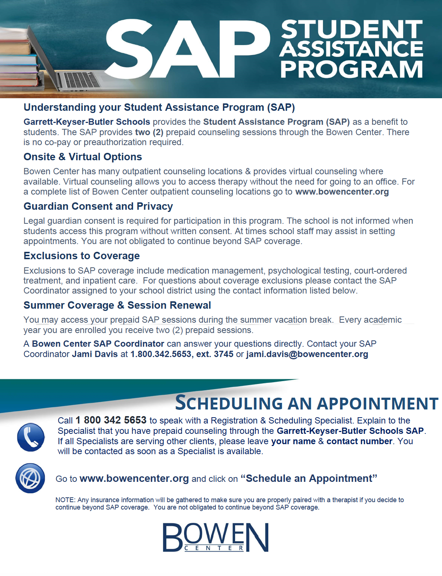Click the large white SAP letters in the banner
[187, 49]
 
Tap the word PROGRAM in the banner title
[351, 69]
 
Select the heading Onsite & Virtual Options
[83, 157]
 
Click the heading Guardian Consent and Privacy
[98, 206]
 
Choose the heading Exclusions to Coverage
[82, 256]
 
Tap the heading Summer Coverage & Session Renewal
[117, 305]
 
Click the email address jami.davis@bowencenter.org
[307, 354]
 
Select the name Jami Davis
[95, 354]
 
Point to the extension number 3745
[224, 354]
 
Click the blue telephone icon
[31, 437]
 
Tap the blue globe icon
[30, 478]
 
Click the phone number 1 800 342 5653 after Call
[111, 420]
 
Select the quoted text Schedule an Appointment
[309, 479]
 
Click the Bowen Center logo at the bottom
[215, 537]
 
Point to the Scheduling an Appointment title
[306, 403]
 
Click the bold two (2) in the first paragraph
[149, 132]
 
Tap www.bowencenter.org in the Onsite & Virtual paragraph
[342, 192]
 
